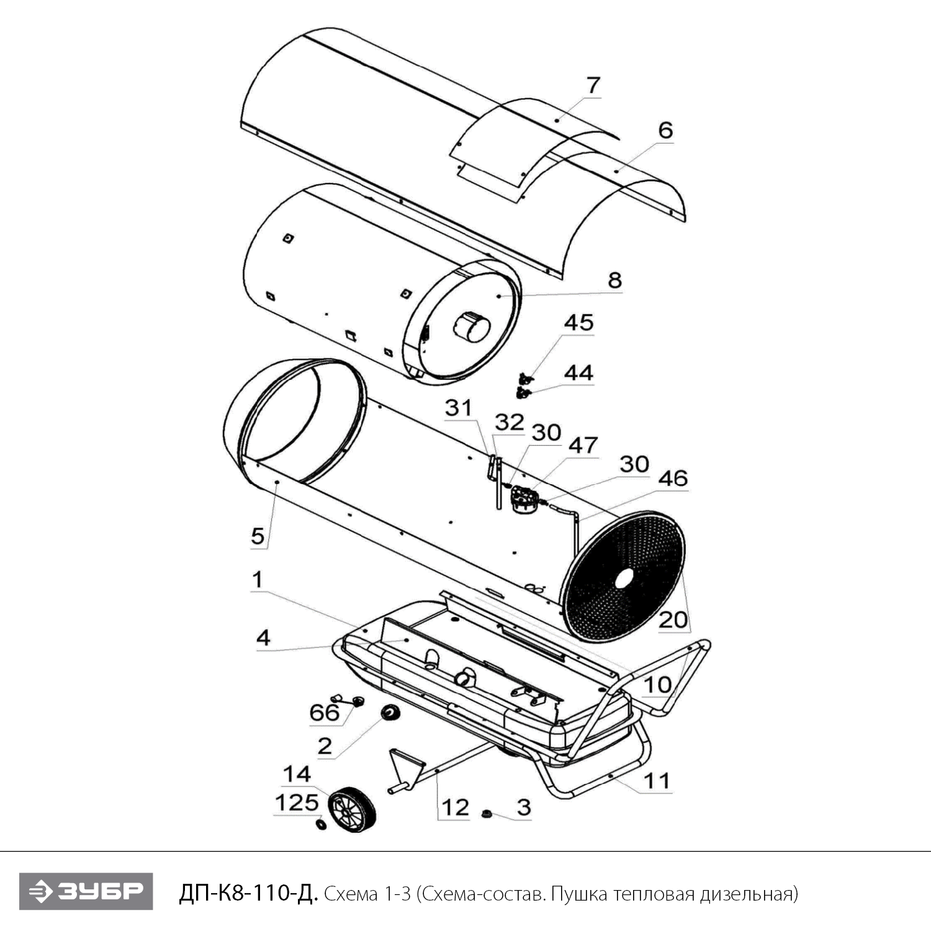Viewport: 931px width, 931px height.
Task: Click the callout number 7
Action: click(593, 85)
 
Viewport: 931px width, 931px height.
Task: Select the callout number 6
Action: click(665, 130)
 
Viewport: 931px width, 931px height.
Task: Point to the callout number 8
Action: click(614, 281)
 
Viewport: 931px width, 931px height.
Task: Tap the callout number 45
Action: click(578, 323)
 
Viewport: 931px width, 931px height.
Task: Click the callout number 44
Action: click(578, 373)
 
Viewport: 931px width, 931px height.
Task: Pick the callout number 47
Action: click(583, 445)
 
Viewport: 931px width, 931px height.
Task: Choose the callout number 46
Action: click(673, 478)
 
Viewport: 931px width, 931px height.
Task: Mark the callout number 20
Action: click(673, 619)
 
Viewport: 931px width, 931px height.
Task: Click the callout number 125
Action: click(296, 803)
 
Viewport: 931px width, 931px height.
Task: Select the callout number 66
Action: click(325, 713)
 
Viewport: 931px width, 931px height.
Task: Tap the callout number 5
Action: click(258, 536)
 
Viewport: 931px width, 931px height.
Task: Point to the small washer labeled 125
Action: click(321, 824)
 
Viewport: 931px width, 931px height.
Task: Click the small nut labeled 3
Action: click(487, 813)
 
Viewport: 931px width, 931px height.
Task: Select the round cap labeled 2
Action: click(390, 714)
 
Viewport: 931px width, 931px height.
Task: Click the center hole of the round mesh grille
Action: click(623, 577)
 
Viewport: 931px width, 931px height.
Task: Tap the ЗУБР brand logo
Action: click(86, 892)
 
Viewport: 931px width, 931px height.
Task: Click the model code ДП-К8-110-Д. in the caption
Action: click(248, 893)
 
